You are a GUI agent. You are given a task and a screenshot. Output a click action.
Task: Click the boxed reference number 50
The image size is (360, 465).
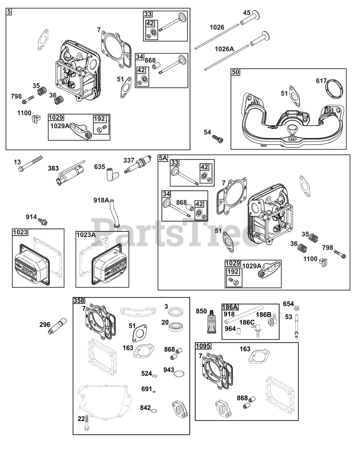(236, 72)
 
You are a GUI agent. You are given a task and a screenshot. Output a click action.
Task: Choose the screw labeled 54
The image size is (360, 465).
(217, 138)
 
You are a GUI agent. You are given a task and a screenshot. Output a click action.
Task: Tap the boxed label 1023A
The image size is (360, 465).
(86, 235)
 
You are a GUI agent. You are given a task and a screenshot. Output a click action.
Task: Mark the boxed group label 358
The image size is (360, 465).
(79, 300)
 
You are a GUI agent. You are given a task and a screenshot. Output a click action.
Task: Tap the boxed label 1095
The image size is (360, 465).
(203, 346)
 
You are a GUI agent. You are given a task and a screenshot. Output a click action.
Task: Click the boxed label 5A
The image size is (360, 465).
(163, 158)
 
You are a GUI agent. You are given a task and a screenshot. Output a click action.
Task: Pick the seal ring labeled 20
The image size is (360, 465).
(176, 326)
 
